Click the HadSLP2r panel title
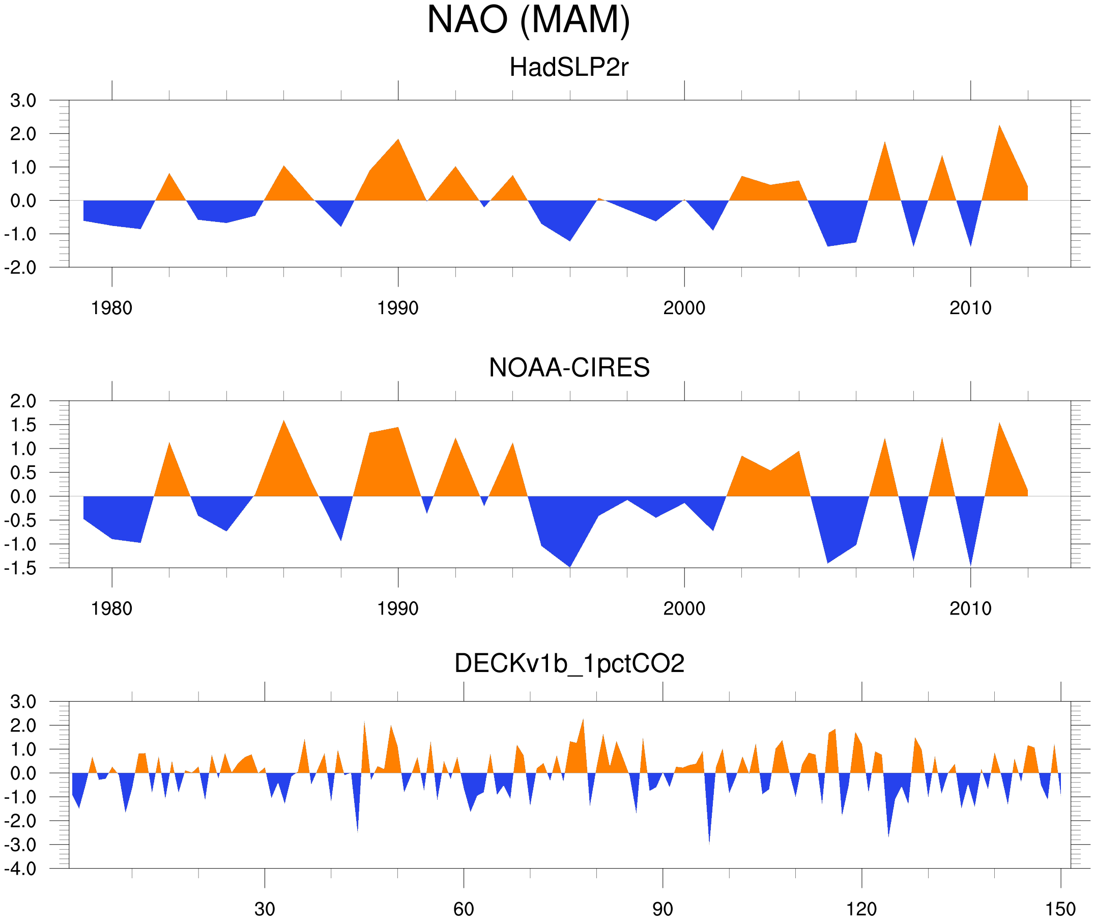569,67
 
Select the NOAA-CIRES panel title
569,368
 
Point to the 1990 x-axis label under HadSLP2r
398,308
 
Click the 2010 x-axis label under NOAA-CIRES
970,608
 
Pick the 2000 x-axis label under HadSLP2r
684,308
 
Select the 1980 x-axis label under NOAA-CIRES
111,608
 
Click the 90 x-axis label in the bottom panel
662,909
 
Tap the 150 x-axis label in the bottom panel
1060,909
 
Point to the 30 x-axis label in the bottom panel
265,909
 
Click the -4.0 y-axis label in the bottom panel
21,869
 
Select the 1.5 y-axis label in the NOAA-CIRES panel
23,425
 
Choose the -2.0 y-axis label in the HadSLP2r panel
21,268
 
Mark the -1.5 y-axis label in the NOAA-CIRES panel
21,568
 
